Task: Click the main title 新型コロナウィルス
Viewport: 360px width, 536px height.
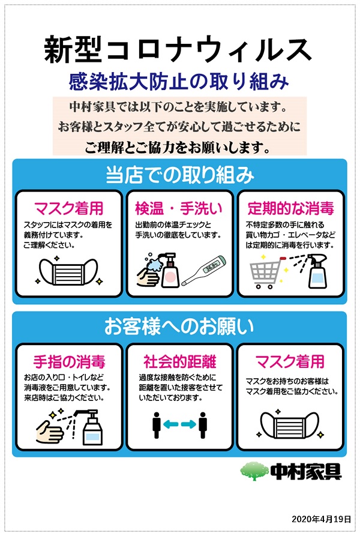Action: click(178, 50)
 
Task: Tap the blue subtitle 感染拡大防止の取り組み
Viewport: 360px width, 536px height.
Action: click(179, 82)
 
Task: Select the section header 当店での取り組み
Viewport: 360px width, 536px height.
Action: click(179, 175)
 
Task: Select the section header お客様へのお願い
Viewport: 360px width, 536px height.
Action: click(179, 327)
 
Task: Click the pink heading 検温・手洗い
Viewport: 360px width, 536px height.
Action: click(179, 208)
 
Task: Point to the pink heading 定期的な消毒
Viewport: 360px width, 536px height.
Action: click(290, 208)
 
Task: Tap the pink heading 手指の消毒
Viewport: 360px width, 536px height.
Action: click(69, 362)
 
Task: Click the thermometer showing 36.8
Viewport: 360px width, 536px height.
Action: click(204, 270)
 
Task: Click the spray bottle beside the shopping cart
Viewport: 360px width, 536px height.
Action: click(317, 271)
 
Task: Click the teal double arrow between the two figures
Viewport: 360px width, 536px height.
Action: click(179, 424)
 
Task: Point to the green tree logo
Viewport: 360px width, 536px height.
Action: click(254, 471)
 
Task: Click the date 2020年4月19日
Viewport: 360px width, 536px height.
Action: click(321, 519)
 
